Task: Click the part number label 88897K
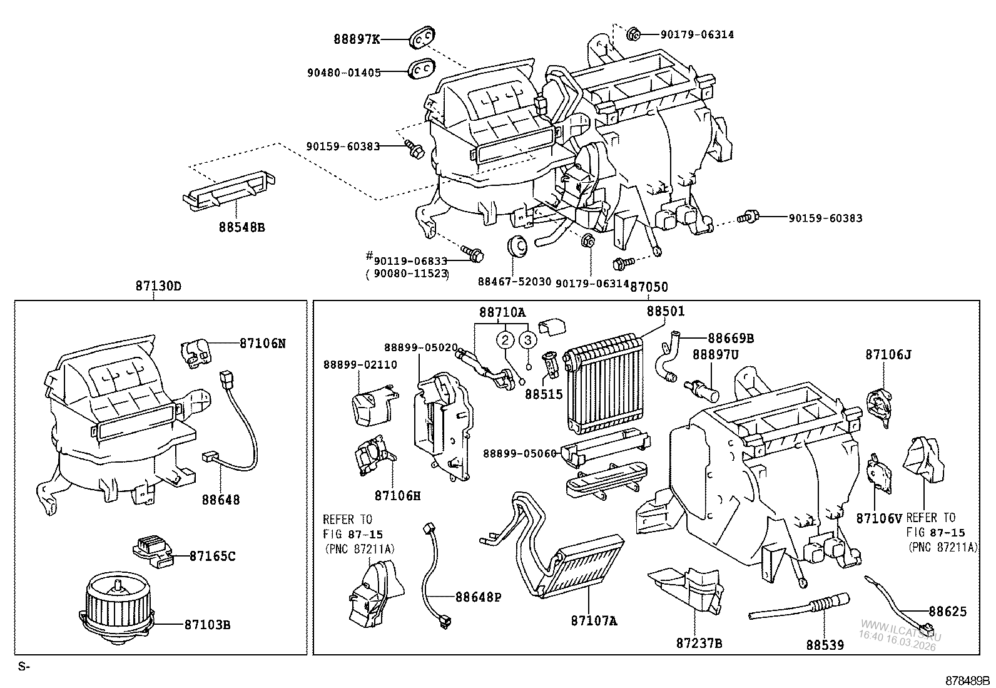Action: (357, 39)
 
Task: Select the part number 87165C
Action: (213, 557)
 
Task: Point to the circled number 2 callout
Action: (505, 341)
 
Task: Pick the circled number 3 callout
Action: (527, 341)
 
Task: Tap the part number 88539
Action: (825, 645)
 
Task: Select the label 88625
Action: (948, 612)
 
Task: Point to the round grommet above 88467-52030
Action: (517, 247)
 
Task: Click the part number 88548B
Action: (242, 227)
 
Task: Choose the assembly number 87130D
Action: (159, 285)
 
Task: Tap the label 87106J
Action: (888, 355)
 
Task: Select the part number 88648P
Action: (479, 597)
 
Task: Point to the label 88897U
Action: (716, 355)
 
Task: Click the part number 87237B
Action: (699, 644)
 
